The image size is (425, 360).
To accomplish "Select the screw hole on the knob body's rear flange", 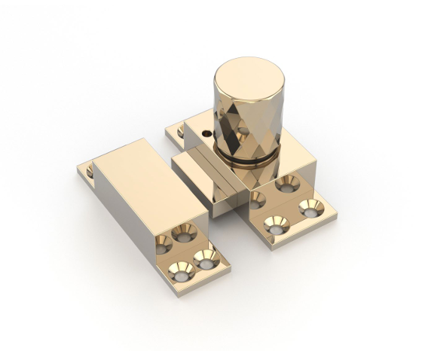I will pos(182,133).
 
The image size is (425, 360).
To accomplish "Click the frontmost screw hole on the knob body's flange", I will pos(277,224).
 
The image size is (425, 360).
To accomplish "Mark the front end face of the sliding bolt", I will pos(226,200).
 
